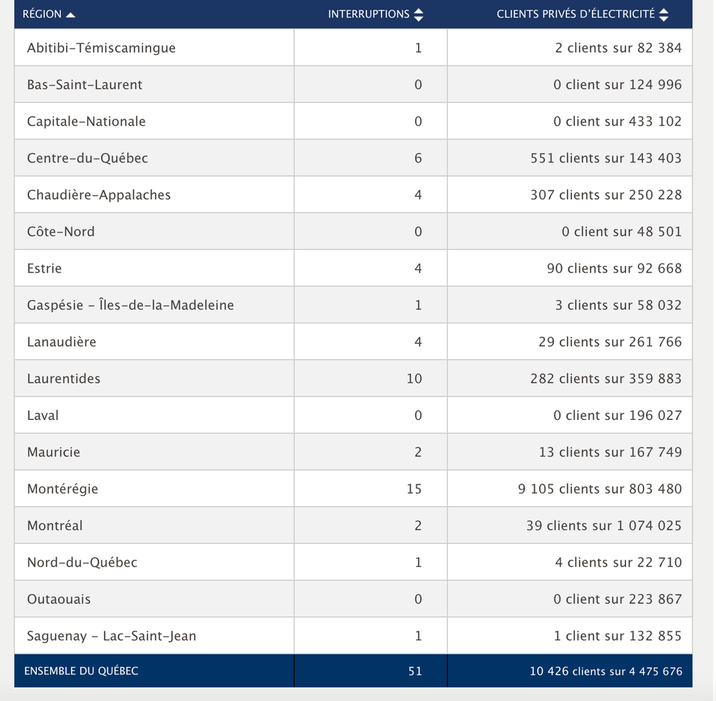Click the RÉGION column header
pos(42,15)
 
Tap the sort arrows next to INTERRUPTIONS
pos(419,15)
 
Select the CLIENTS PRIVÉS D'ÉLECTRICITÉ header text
pos(576,15)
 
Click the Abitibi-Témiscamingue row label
pos(101,48)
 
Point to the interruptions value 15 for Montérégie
pos(414,489)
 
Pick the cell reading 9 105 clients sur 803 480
pos(600,489)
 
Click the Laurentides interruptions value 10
pos(414,378)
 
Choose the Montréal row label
pos(55,526)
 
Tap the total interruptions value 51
pos(415,670)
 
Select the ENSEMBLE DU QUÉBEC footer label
pos(81,670)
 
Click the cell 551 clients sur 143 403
pos(606,158)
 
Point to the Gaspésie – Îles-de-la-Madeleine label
pos(130,305)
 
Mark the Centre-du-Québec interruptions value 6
pos(418,158)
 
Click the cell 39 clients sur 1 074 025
pos(603,526)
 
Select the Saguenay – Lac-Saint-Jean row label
pos(111,636)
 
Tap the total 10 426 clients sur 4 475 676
pos(606,670)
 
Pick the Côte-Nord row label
pos(61,231)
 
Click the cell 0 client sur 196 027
pos(617,415)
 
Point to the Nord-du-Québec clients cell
pos(618,562)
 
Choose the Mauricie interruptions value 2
pos(418,452)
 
